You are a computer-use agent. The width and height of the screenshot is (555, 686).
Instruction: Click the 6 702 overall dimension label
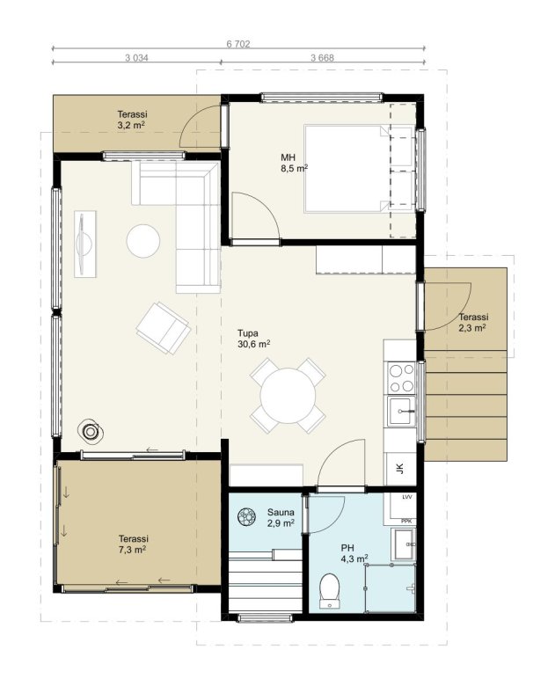click(238, 44)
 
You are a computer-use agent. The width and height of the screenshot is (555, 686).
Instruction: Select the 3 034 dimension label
click(136, 57)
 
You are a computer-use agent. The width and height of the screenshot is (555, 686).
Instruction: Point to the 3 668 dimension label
click(322, 57)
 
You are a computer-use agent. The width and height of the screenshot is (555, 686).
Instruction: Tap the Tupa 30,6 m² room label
click(253, 339)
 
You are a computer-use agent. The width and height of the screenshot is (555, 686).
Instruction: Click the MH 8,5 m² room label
click(294, 163)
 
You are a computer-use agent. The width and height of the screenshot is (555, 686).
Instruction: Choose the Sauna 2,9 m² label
click(281, 517)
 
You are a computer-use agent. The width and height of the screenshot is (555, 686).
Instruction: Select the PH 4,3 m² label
click(354, 553)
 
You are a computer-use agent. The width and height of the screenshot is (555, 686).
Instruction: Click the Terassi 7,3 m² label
click(133, 544)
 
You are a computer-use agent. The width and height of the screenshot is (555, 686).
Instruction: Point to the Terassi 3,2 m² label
click(132, 120)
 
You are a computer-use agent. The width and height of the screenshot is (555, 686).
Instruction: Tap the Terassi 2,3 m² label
click(473, 323)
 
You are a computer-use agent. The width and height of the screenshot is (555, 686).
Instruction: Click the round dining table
click(288, 396)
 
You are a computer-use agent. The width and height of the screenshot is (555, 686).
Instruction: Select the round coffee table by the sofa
click(143, 241)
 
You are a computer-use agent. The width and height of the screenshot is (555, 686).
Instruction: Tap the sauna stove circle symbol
click(247, 516)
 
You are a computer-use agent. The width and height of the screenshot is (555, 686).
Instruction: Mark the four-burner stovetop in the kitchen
click(401, 377)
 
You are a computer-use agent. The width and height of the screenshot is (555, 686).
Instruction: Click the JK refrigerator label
click(399, 469)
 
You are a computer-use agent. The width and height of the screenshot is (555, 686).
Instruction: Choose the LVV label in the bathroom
click(407, 497)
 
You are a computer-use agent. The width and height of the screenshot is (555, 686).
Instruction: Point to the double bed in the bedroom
click(347, 169)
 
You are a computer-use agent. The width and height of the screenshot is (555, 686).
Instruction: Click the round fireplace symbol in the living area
click(91, 432)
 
